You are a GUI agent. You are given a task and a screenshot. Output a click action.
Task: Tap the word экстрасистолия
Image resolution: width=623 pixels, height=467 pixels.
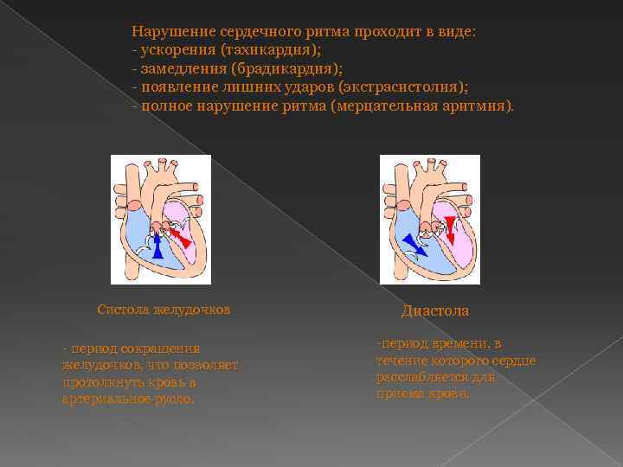click(x=401, y=87)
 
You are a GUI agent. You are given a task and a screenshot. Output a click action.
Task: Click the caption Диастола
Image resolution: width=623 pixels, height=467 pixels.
click(x=435, y=310)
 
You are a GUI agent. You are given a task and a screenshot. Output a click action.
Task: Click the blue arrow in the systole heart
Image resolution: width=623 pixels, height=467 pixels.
click(x=157, y=247)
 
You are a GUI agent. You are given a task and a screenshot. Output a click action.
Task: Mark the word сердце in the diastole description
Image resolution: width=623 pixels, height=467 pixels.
click(x=517, y=360)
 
